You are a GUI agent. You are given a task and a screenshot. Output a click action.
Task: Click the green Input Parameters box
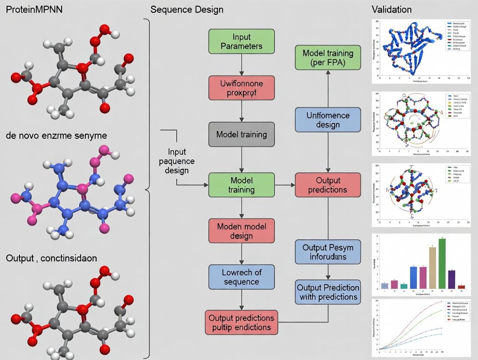242,42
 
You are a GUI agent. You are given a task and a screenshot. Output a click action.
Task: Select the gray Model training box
242,135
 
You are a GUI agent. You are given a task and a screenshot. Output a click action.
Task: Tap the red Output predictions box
328,185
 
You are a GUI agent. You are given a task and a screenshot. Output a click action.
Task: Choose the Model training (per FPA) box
328,58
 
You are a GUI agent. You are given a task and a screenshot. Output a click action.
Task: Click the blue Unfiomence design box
328,120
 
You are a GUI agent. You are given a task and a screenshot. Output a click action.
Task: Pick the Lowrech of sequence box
242,277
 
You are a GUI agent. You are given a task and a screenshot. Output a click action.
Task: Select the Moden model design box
242,231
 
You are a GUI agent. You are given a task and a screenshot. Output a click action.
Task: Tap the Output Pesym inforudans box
328,252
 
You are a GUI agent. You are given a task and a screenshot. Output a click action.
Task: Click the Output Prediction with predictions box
328,292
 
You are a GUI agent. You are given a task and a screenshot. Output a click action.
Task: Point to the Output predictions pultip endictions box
242,322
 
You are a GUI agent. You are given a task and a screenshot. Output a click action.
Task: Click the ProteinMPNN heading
34,9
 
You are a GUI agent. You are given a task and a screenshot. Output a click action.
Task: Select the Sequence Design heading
187,9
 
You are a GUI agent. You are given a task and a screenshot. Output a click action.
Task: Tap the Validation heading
391,9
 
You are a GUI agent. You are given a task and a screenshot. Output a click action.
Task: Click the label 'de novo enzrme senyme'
57,135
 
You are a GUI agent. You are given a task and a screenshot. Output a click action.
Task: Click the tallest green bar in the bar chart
442,264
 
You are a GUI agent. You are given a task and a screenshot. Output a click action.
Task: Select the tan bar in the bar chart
432,267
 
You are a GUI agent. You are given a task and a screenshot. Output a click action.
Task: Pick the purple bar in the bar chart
452,279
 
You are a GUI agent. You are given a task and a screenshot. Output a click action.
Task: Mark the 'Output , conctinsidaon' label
52,258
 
